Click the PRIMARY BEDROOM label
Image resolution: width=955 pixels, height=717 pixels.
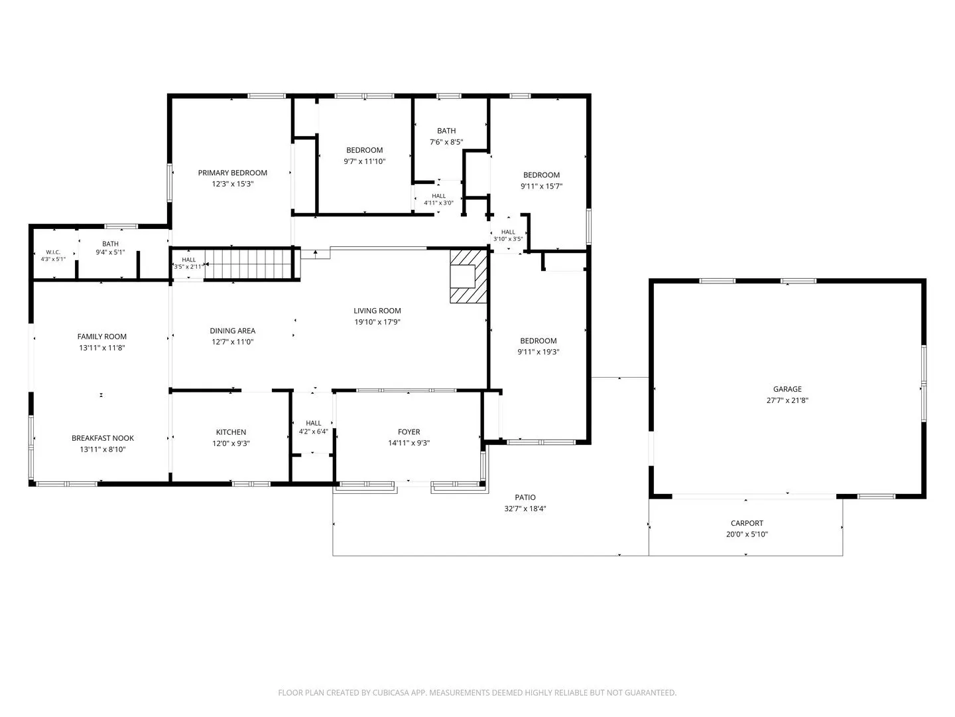[x=232, y=173]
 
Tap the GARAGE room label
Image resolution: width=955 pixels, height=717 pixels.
[x=787, y=389]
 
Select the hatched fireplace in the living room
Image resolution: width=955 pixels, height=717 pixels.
[x=469, y=276]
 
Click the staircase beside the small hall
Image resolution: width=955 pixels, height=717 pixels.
[x=249, y=264]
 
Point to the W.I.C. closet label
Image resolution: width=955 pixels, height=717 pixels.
[x=53, y=252]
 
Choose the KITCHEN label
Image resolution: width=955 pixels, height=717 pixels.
[x=231, y=432]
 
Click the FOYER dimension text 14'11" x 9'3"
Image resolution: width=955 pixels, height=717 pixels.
[x=409, y=443]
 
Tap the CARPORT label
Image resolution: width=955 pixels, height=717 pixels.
[x=747, y=523]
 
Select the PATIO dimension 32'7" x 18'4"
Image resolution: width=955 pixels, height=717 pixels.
[x=525, y=509]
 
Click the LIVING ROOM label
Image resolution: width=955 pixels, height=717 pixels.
[x=377, y=311]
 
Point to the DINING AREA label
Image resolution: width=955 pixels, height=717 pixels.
[x=232, y=331]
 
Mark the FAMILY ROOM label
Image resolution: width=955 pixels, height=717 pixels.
[x=102, y=337]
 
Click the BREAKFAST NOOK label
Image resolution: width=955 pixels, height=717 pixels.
[x=103, y=438]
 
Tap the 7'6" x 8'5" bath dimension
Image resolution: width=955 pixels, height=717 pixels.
[x=446, y=142]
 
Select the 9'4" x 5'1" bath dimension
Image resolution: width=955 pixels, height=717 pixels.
[x=110, y=252]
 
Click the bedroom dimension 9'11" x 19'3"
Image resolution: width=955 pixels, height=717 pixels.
[x=539, y=352]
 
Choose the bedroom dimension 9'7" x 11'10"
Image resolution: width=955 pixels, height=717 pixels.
[x=365, y=161]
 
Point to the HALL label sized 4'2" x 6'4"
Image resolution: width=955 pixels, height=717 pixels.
[x=313, y=423]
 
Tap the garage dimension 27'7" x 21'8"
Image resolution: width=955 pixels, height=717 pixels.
[x=787, y=400]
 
